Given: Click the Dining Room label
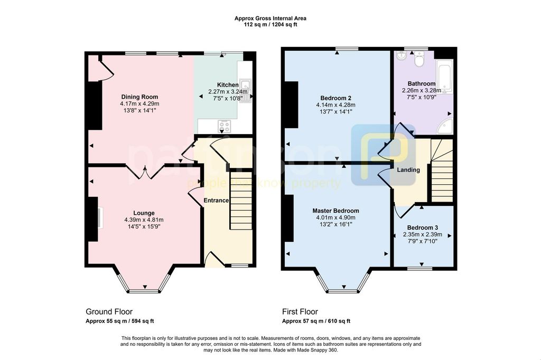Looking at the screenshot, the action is (x=139, y=97).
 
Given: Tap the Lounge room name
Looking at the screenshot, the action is (x=144, y=213).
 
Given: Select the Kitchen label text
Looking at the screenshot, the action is (x=228, y=85).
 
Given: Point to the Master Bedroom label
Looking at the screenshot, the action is (x=335, y=211).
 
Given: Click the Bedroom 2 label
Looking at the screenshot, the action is (x=335, y=98).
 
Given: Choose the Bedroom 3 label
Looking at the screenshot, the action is (x=423, y=228).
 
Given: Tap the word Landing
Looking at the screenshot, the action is (x=408, y=169).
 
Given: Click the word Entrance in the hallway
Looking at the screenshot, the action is (x=216, y=201).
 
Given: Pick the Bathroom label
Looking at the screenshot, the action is (x=422, y=83).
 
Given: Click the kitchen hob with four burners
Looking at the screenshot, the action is (x=225, y=126).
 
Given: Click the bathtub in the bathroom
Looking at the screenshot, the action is (x=444, y=77).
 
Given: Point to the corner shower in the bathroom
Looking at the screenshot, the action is (x=446, y=127).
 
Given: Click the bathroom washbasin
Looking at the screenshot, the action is (x=402, y=55).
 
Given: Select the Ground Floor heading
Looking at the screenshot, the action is (x=109, y=312).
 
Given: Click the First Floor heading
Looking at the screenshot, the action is (x=300, y=312).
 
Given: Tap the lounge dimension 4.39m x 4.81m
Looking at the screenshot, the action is (x=144, y=220).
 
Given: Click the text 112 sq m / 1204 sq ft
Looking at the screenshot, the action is (x=270, y=24).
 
